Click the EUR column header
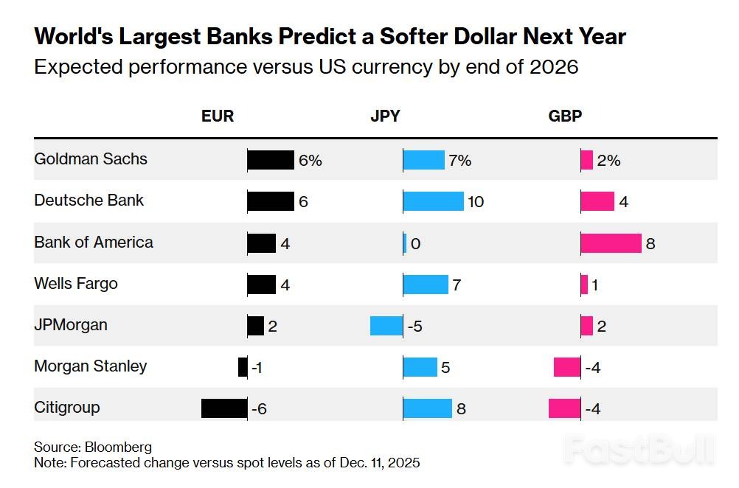click(x=218, y=116)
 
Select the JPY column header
click(x=386, y=116)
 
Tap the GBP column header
click(x=566, y=116)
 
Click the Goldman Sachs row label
click(x=91, y=159)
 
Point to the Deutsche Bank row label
click(x=89, y=201)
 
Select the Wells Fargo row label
click(x=76, y=284)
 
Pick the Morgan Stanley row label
click(x=91, y=366)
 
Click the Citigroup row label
click(x=67, y=408)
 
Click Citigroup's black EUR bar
click(x=224, y=408)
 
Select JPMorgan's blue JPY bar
click(x=386, y=325)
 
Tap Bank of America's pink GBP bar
click(x=611, y=243)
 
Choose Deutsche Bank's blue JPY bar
click(x=434, y=201)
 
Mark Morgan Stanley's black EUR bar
click(x=243, y=367)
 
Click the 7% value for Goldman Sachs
click(x=459, y=160)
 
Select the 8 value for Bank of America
click(x=650, y=243)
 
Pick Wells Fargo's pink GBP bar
click(x=584, y=285)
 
